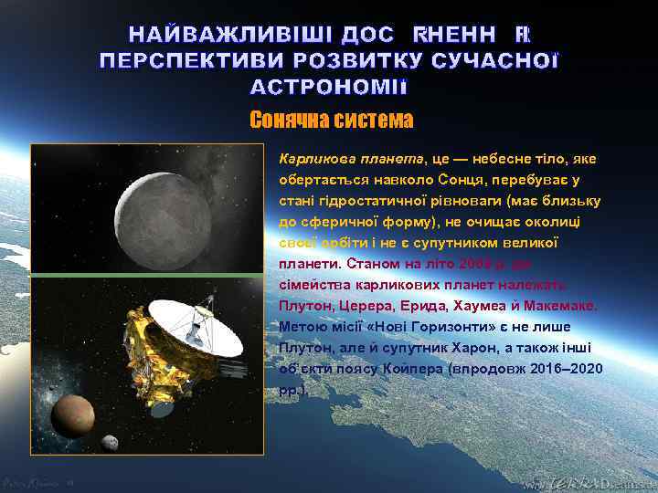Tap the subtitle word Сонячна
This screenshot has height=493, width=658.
pyautogui.click(x=284, y=121)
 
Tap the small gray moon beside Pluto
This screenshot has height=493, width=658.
pyautogui.click(x=110, y=443)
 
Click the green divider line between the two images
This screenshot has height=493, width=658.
pyautogui.click(x=146, y=275)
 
